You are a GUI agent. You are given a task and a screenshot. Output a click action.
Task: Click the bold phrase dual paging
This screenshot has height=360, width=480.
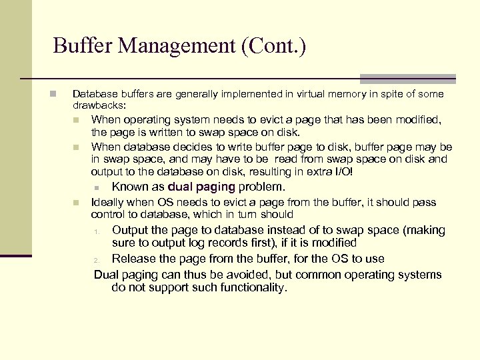click(x=202, y=187)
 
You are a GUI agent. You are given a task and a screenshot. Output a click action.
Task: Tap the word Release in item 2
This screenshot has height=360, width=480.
click(x=133, y=259)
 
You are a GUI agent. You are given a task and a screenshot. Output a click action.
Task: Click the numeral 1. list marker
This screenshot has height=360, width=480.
click(x=97, y=232)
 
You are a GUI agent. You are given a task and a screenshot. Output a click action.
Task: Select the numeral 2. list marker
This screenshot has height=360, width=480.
click(x=97, y=260)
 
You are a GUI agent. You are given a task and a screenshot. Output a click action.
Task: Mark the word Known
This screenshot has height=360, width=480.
click(x=129, y=187)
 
